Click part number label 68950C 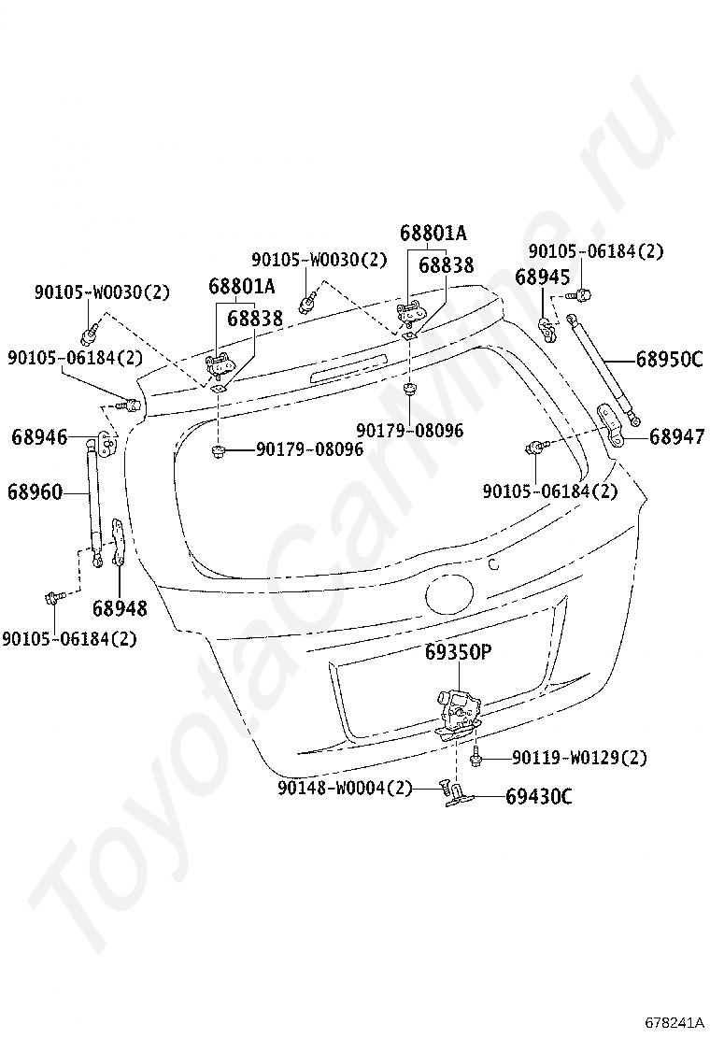669,359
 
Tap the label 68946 39,436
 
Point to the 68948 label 120,609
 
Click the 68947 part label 676,436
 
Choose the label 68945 543,277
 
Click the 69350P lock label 458,654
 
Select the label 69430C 539,797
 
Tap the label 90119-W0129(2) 579,757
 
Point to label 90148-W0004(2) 344,789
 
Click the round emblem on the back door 451,593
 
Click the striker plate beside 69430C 460,795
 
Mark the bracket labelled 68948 118,542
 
